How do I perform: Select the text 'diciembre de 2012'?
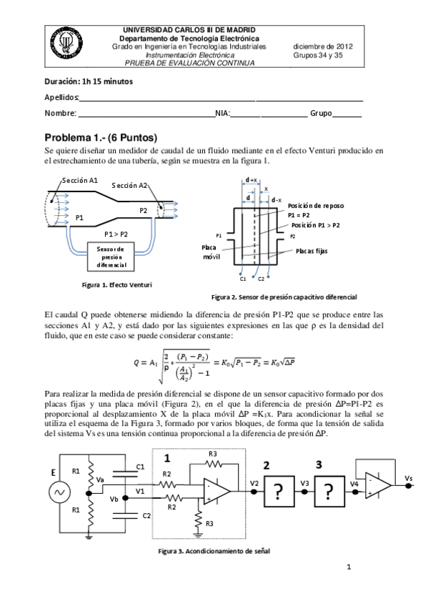[x=323, y=46]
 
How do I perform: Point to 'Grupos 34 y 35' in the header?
[x=323, y=54]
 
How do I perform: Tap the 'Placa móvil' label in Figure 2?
[x=211, y=251]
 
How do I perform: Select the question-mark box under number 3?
[x=329, y=492]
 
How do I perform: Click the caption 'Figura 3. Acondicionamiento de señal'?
[x=214, y=551]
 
